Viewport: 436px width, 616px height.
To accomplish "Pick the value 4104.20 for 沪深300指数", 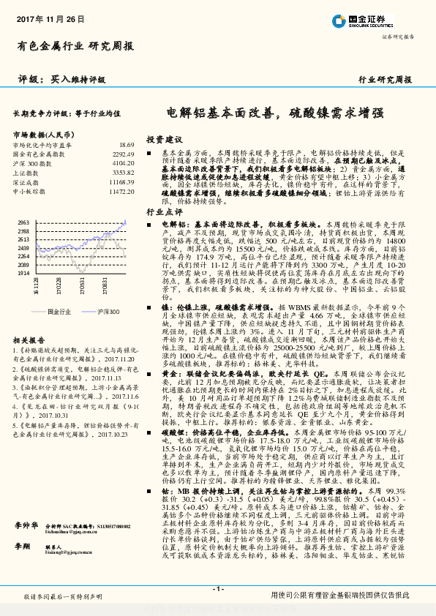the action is [x=124, y=163].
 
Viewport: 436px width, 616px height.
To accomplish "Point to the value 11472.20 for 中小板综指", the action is [x=121, y=190].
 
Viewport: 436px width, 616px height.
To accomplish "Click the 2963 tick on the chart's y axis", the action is [x=23, y=221].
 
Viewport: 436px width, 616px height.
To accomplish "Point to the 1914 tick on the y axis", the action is [x=23, y=271].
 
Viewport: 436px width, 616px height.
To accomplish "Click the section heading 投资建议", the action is [x=164, y=139].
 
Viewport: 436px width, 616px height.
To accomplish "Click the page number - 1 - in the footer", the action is [x=217, y=590].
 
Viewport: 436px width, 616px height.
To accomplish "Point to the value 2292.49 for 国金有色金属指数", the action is [x=124, y=154].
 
